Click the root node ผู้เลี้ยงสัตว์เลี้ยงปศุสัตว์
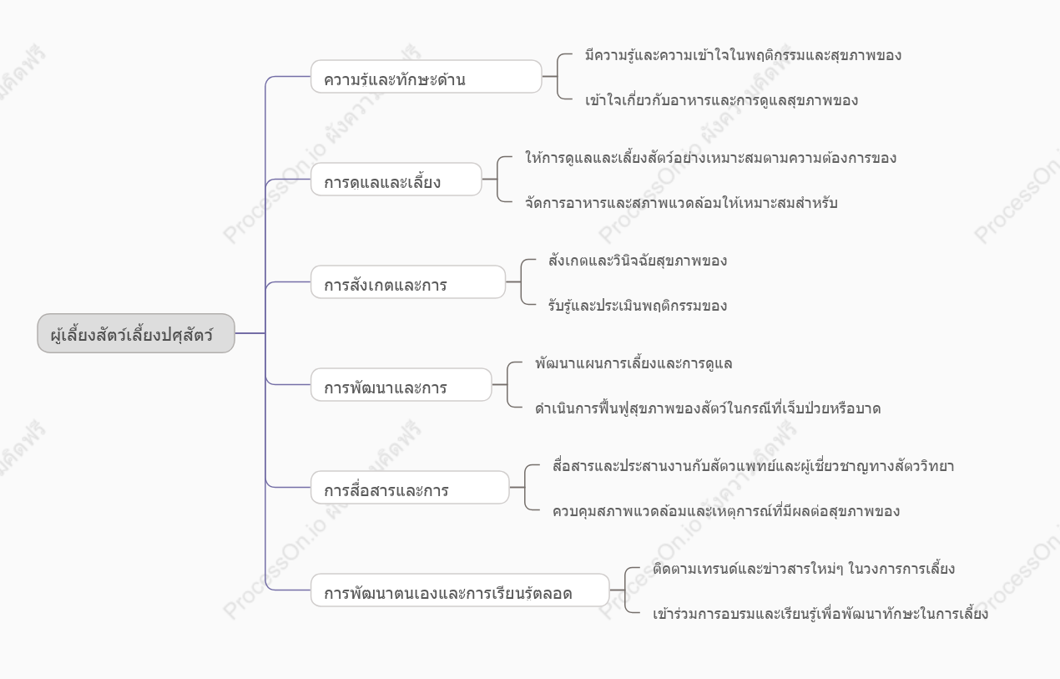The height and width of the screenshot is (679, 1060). (x=136, y=333)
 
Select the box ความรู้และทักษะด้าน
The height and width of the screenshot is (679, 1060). (x=426, y=76)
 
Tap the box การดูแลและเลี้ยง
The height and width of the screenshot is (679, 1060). (x=396, y=179)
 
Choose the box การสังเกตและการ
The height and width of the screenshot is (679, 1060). (x=408, y=281)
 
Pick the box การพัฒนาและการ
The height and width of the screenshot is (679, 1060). (x=401, y=384)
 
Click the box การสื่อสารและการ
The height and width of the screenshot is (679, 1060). (x=410, y=487)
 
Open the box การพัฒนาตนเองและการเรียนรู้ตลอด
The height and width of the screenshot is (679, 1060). (x=460, y=590)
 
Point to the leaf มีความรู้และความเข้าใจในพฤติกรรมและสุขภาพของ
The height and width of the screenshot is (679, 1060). (x=743, y=55)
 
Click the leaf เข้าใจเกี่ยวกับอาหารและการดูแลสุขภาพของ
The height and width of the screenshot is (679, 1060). (x=721, y=100)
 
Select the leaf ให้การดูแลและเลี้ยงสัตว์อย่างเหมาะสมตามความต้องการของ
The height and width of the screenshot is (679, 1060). (x=710, y=158)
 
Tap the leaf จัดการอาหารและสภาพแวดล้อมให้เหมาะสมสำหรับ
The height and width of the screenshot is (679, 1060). (x=681, y=203)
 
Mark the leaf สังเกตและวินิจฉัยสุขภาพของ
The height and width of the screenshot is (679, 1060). (x=638, y=261)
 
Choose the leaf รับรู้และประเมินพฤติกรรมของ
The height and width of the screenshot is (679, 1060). (x=638, y=306)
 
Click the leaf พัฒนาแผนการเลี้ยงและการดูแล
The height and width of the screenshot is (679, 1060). (x=633, y=363)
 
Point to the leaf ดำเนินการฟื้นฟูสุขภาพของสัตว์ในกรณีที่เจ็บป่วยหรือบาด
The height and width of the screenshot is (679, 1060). (x=708, y=408)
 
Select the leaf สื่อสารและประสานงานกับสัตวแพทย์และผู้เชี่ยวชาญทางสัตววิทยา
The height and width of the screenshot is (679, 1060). (x=753, y=466)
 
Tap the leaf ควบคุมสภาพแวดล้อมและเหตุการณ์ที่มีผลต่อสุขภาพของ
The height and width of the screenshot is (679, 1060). (x=726, y=511)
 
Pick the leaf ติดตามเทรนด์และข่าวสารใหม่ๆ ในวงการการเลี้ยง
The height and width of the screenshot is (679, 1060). (x=804, y=569)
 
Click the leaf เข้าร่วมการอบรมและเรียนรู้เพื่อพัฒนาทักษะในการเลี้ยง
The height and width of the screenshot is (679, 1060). (x=820, y=614)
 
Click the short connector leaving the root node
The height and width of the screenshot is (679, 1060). (x=250, y=333)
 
